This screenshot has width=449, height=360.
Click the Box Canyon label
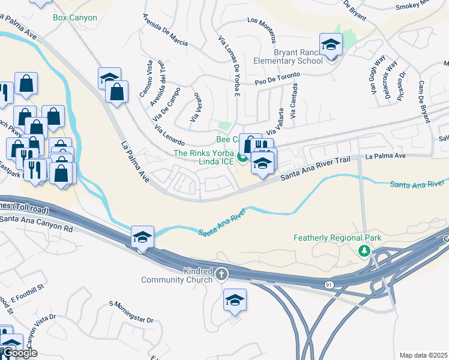[75, 17]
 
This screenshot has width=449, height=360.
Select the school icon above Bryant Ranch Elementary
[330, 45]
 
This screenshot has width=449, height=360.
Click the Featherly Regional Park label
[337, 238]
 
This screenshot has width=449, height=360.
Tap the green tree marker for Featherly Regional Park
[363, 250]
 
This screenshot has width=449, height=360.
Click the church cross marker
[221, 275]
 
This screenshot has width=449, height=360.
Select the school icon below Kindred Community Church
[235, 300]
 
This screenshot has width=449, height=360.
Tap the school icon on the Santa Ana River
[142, 237]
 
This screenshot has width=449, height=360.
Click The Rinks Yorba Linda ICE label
[203, 158]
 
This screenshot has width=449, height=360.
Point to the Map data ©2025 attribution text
[424, 355]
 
